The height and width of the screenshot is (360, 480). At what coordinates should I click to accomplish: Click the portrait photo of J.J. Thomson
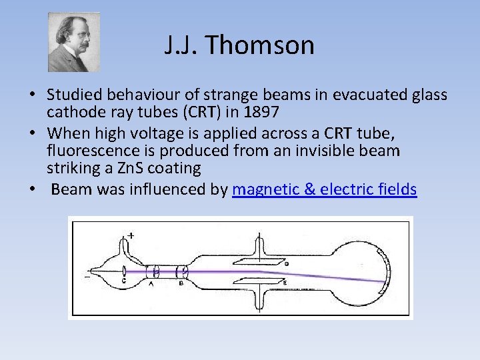tap(73, 42)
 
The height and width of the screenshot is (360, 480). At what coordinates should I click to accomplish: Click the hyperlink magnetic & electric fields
tap(324, 189)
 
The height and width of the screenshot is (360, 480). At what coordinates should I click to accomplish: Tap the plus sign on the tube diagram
tap(131, 235)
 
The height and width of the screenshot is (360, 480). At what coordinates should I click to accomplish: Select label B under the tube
tap(181, 283)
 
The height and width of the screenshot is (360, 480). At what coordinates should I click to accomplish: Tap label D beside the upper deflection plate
tap(285, 264)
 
